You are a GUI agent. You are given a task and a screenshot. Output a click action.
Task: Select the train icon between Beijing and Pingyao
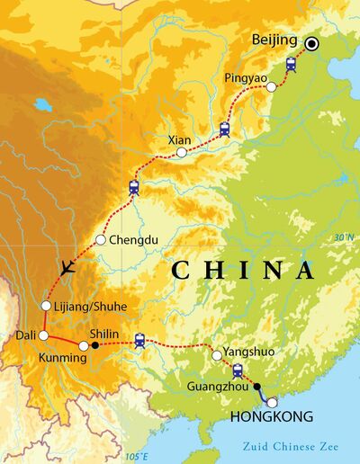point(291,64)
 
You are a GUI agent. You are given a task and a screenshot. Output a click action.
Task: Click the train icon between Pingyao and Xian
point(224,129)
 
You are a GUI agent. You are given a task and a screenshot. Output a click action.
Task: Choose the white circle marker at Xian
point(182,153)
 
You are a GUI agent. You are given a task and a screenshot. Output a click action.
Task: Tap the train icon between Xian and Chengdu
point(134,187)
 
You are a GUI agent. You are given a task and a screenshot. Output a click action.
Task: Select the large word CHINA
point(243,271)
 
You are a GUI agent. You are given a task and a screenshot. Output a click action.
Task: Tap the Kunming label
point(62,358)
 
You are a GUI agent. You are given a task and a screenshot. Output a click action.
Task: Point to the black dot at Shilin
point(95,344)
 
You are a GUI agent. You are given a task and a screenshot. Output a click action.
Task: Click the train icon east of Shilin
point(139,340)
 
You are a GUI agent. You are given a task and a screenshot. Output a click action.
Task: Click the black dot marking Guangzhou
point(257,387)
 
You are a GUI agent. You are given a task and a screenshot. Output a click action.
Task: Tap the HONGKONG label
point(272,417)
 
